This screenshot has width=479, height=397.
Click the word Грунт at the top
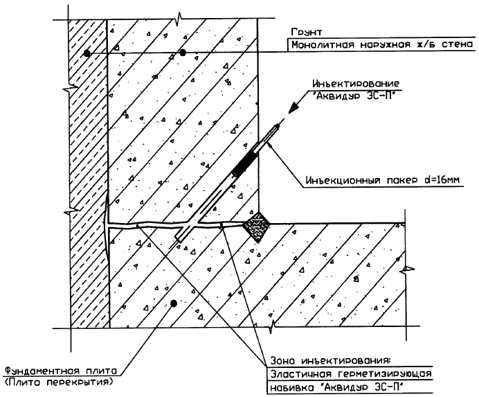(x=307, y=32)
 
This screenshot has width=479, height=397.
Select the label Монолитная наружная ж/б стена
(x=382, y=45)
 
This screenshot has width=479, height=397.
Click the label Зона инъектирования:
(x=329, y=360)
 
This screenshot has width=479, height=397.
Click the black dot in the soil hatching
(x=86, y=53)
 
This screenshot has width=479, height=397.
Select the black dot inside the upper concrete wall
(x=182, y=53)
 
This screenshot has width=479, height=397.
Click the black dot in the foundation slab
(x=174, y=303)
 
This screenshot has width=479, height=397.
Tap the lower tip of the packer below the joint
(x=179, y=239)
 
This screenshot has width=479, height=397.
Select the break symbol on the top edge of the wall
(x=179, y=15)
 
